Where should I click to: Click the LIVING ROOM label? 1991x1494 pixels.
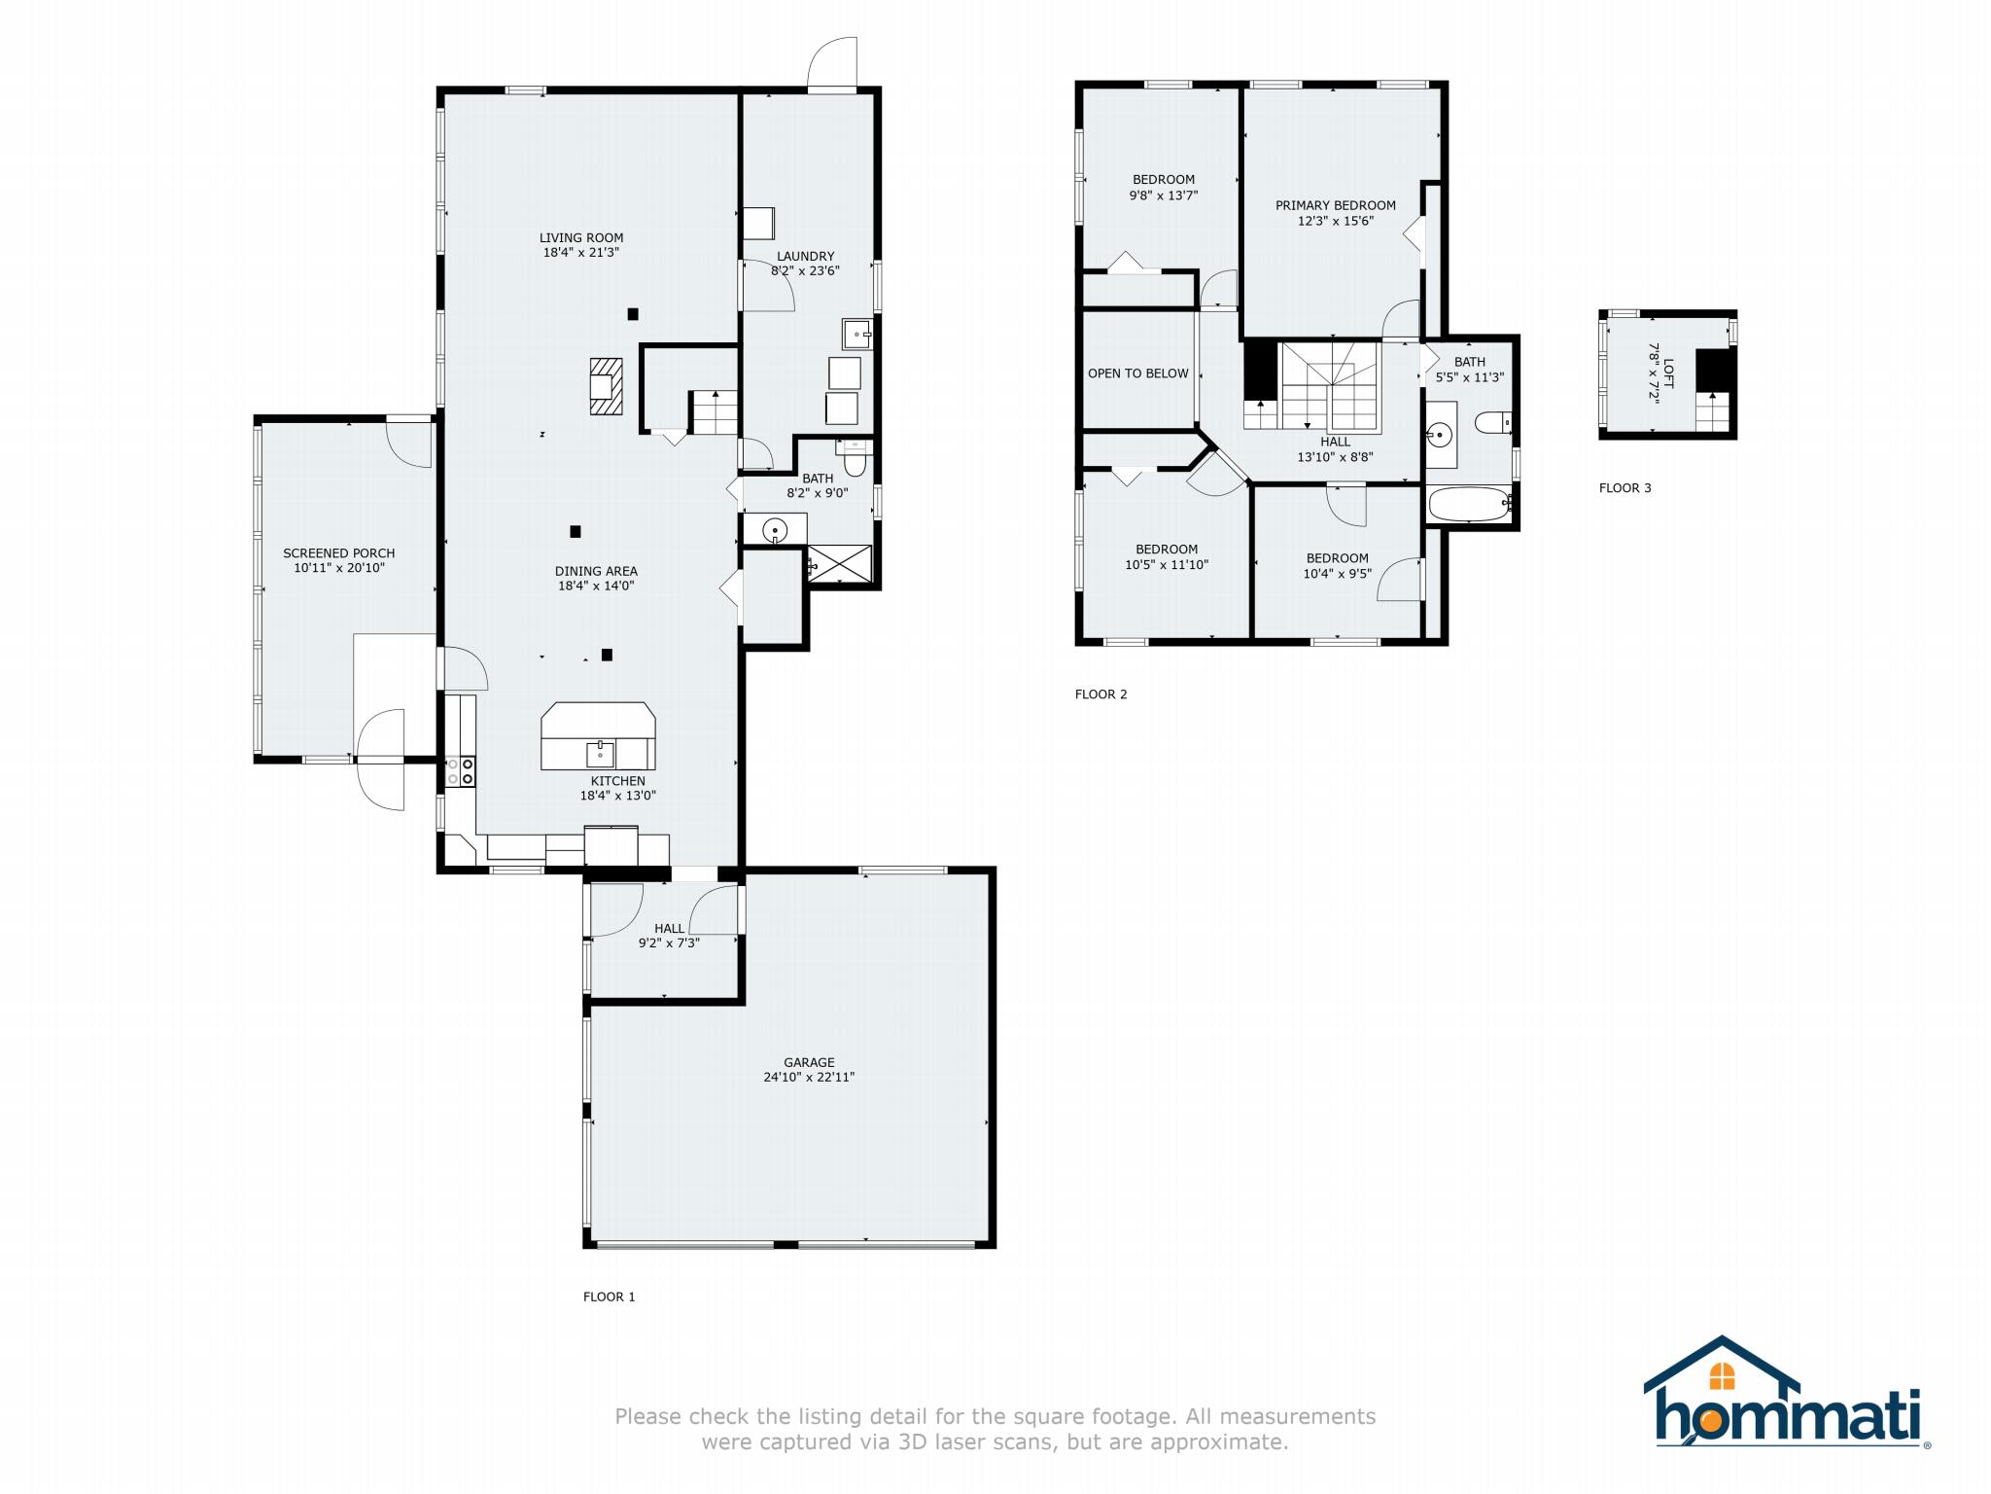point(581,237)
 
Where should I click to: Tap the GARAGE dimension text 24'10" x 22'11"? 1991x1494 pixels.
point(809,1077)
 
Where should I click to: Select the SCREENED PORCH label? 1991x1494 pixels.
point(339,552)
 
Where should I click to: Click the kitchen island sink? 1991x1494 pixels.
point(601,753)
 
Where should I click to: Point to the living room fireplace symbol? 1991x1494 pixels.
point(606,386)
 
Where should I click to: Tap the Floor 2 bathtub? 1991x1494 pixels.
point(1469,504)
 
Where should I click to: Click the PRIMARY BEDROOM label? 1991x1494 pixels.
point(1336,205)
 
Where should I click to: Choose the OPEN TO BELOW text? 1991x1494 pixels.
point(1138,373)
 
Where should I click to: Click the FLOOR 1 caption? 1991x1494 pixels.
point(610,1297)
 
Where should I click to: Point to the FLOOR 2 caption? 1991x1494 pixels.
point(1101,694)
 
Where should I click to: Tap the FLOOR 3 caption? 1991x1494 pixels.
point(1625,488)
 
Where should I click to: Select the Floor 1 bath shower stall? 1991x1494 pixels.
point(839,563)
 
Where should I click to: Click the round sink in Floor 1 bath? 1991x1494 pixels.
point(775,530)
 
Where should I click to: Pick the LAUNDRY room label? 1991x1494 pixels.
point(805,256)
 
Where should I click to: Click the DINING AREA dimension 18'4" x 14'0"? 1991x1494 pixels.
point(596,586)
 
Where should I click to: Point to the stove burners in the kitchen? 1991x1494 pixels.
point(461,772)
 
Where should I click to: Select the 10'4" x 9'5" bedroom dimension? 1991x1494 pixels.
point(1338,574)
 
